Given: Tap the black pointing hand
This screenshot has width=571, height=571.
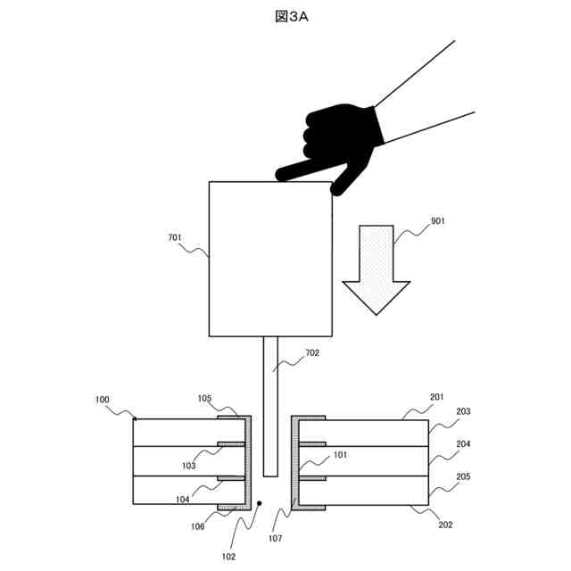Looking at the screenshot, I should click(x=335, y=142).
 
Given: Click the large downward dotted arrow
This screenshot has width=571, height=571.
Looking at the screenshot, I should click(x=376, y=268).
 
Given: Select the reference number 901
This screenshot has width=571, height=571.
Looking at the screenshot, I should click(x=437, y=222).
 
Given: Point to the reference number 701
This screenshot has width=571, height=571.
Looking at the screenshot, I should click(x=175, y=238).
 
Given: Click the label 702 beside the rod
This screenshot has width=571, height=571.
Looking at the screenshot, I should click(x=311, y=352).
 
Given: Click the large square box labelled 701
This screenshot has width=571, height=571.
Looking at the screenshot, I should click(x=270, y=259).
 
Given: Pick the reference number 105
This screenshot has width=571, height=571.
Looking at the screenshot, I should click(x=204, y=398).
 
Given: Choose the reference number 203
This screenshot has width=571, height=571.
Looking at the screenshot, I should click(x=463, y=411).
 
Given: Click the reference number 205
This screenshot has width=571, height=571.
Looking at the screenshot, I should click(x=463, y=476).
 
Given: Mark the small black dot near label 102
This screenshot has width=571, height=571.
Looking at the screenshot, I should click(x=259, y=504).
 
